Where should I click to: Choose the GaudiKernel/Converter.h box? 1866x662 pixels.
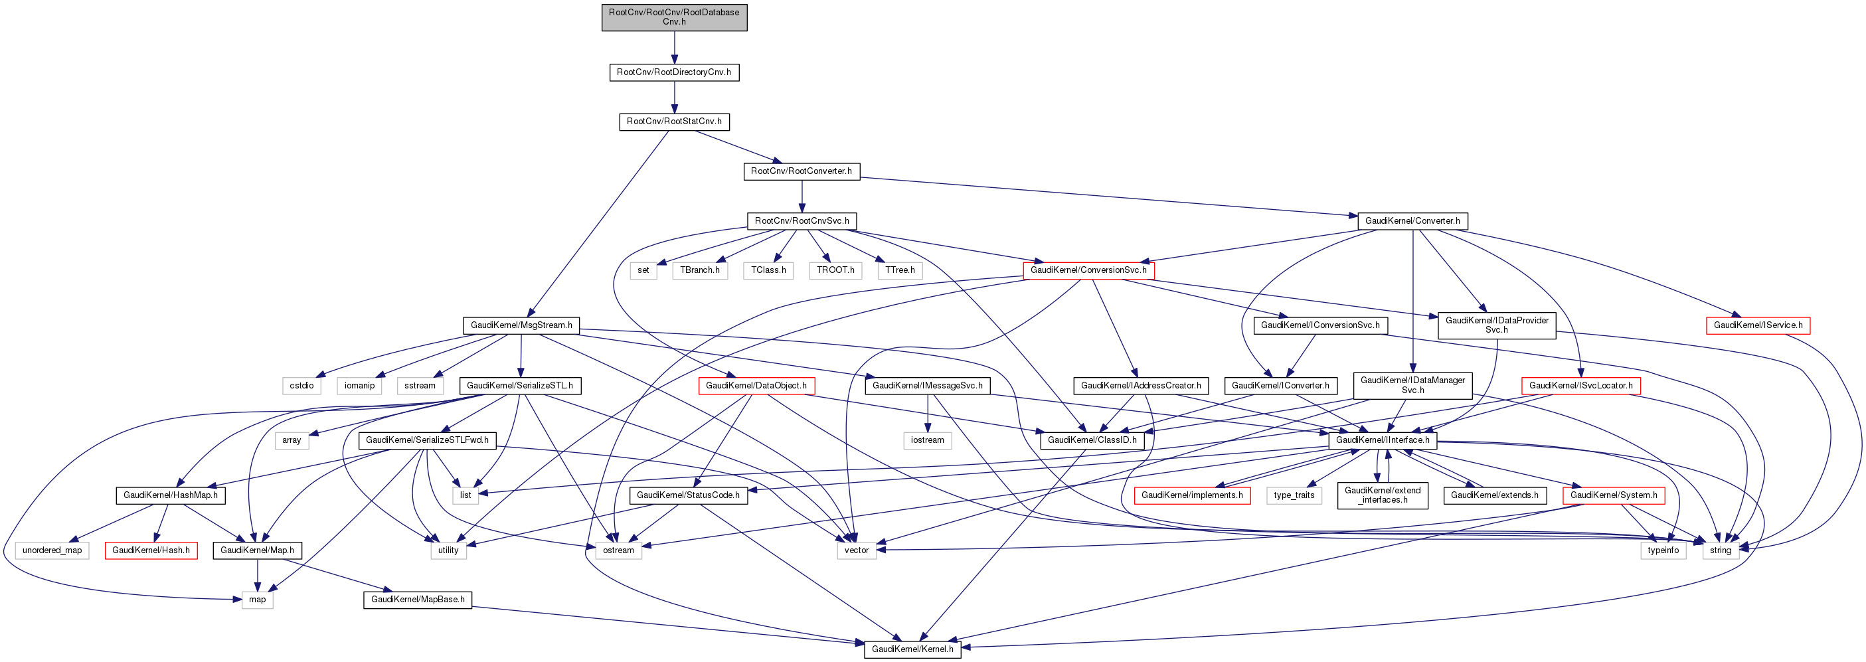(1412, 221)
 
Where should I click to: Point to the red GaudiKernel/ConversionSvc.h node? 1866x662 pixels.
(1088, 270)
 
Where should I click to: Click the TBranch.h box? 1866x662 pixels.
(700, 270)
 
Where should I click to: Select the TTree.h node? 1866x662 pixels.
(900, 270)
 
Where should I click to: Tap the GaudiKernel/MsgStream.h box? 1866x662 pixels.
(521, 325)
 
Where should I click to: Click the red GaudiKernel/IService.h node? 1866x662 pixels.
(1757, 325)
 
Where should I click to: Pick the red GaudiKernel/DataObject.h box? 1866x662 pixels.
(756, 385)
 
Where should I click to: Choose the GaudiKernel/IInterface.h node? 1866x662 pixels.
(1382, 440)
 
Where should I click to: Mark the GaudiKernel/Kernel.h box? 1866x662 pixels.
(912, 649)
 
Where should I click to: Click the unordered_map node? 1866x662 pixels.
(52, 550)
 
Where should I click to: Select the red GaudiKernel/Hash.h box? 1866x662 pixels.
(151, 550)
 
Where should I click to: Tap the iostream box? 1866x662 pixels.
(927, 440)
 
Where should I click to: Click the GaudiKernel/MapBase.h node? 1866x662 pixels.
(417, 600)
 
